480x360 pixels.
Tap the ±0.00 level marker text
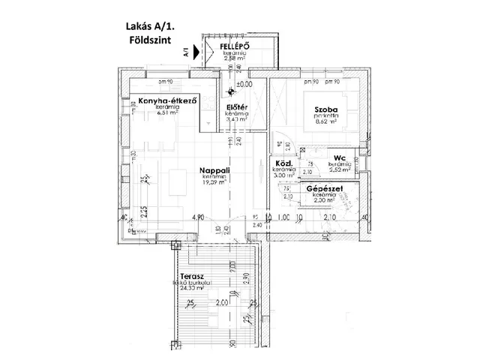pos(244,85)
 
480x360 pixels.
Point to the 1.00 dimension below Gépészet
pos(283,218)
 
